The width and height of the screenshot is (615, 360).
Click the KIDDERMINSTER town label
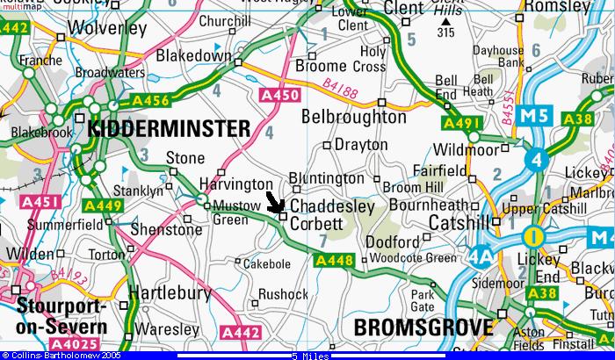170,129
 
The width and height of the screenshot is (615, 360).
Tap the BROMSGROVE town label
423,328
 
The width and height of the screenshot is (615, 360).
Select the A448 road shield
333,260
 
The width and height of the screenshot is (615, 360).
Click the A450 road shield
274,93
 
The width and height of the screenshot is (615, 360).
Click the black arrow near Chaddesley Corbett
275,204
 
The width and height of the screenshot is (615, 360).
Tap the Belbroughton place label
354,116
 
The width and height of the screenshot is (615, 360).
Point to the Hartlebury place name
170,293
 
